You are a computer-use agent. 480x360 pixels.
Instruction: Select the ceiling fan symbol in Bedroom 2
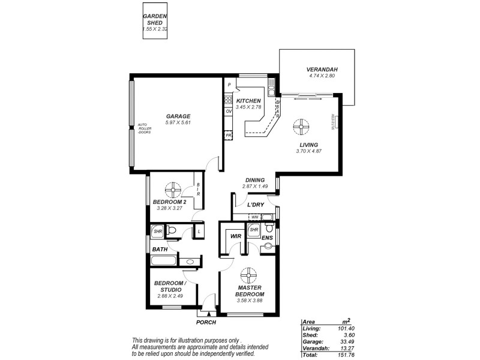pos(174,190)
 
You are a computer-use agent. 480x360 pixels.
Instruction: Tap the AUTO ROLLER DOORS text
pos(145,128)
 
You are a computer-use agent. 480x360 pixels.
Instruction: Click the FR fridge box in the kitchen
pos(229,136)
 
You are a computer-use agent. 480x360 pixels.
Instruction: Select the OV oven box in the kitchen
pos(229,112)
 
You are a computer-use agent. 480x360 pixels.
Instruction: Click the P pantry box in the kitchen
pos(229,86)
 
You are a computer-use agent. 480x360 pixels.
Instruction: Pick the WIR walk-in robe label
pos(235,236)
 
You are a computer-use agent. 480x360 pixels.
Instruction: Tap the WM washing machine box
pos(255,217)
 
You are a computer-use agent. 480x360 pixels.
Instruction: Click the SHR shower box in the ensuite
pos(254,230)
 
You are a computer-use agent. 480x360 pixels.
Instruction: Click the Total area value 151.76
pos(347,355)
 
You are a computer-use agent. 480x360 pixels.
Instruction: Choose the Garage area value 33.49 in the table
pos(347,341)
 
